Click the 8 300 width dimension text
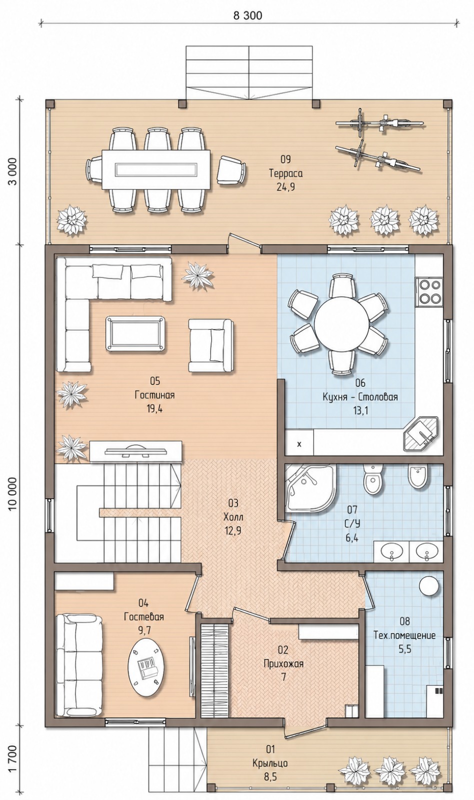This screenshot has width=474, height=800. tap(248, 15)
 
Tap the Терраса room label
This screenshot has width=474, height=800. tap(285, 173)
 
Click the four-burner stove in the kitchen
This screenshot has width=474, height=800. tap(429, 291)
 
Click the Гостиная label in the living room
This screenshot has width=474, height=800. tap(154, 395)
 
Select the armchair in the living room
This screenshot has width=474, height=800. tap(211, 345)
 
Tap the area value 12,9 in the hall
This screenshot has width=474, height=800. tap(233, 530)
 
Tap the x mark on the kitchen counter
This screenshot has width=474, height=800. tap(299, 444)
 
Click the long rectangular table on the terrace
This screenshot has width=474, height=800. tap(156, 169)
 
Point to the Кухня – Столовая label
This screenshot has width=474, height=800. tap(360, 397)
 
